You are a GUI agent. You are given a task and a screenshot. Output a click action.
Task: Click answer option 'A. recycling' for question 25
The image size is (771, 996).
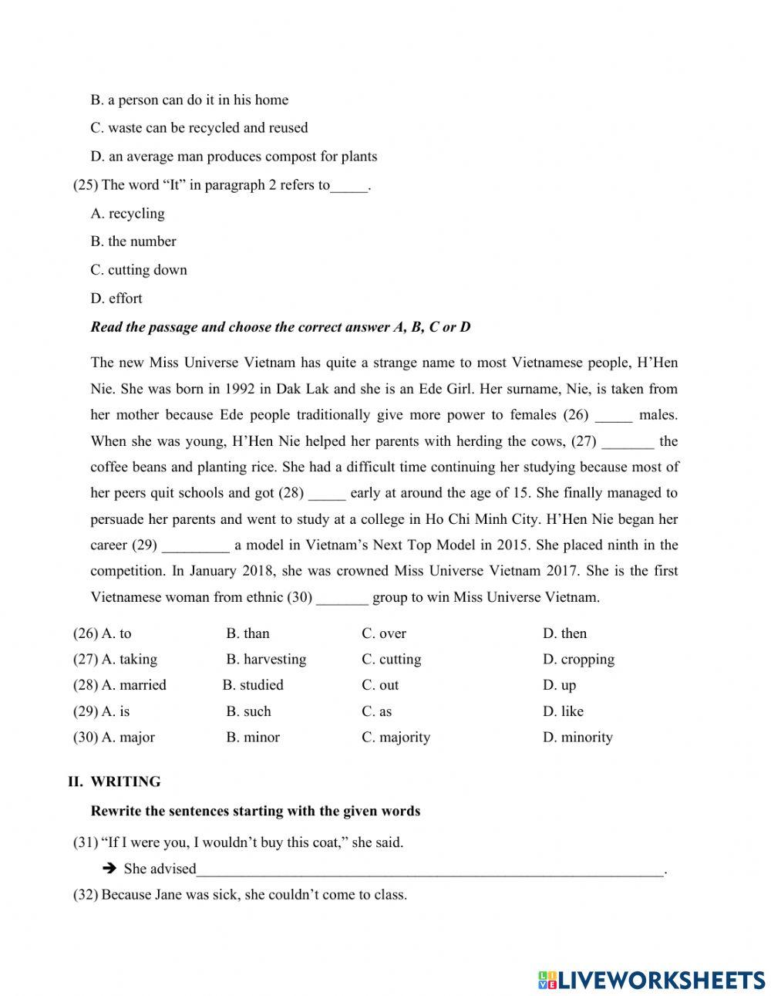click(x=127, y=214)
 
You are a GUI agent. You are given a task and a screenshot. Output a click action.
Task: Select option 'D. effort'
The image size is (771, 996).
click(x=116, y=299)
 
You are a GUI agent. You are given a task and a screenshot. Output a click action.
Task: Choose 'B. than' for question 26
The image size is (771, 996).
click(x=247, y=633)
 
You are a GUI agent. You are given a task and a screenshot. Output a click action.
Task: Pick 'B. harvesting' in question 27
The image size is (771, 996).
click(x=266, y=660)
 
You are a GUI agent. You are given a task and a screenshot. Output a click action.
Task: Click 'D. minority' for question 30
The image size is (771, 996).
click(x=577, y=738)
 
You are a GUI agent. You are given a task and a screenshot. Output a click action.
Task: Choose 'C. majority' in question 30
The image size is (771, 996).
click(x=396, y=738)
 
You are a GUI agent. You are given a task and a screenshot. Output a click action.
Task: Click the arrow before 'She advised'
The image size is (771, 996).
click(x=109, y=869)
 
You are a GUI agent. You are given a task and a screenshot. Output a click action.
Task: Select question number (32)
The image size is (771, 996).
click(x=86, y=895)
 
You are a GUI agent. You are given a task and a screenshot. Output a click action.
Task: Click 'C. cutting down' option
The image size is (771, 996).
click(x=139, y=270)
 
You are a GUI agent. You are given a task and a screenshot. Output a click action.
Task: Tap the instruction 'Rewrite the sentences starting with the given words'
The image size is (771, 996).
click(x=255, y=811)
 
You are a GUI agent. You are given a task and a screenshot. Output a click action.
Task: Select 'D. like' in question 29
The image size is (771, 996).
click(x=563, y=711)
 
